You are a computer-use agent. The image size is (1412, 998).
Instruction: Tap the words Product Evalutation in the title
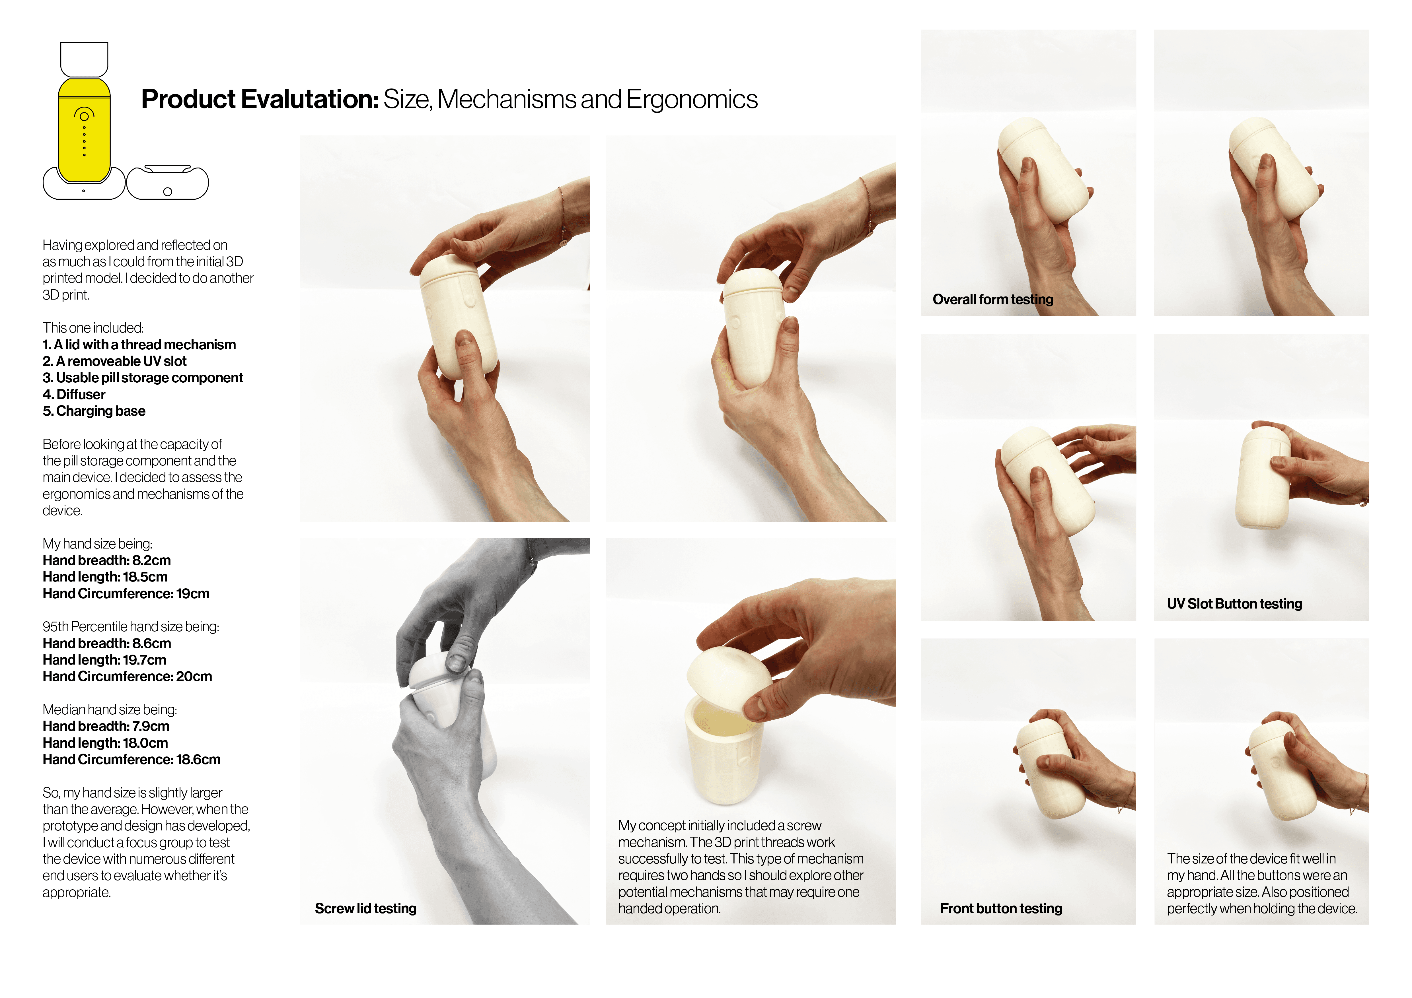tap(260, 100)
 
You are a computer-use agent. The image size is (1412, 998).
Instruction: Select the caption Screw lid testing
tap(365, 908)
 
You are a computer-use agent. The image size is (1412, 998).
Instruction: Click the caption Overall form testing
tap(992, 299)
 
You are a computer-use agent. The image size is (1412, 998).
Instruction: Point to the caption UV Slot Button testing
tap(1234, 603)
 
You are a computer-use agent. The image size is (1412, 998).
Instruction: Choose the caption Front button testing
tap(1000, 908)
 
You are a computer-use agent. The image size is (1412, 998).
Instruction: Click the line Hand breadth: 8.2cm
tap(106, 560)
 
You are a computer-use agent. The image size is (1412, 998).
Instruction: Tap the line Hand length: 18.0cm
tap(105, 743)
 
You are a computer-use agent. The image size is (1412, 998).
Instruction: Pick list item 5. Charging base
tap(94, 411)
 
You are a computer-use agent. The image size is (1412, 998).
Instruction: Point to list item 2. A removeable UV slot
tap(114, 361)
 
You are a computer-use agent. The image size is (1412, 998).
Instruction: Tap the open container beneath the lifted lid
tap(724, 756)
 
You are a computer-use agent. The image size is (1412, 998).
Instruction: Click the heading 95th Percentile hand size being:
tap(130, 627)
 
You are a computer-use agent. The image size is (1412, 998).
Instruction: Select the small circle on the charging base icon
tap(167, 192)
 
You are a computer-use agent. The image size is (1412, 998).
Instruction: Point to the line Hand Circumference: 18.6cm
tap(131, 760)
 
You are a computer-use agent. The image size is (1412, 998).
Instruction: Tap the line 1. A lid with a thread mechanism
tap(139, 345)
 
